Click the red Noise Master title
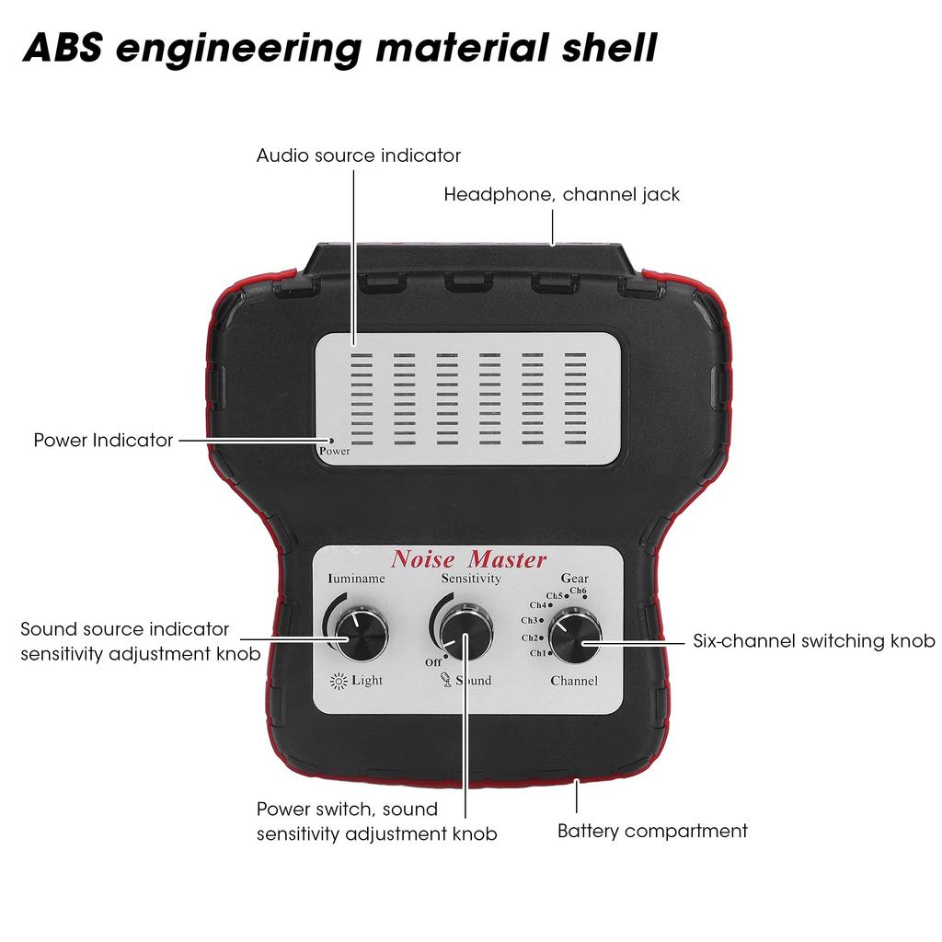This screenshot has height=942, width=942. [x=469, y=558]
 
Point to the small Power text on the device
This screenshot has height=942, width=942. [x=334, y=452]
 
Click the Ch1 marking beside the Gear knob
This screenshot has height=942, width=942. [x=539, y=653]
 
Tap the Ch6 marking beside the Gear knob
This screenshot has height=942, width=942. [x=578, y=591]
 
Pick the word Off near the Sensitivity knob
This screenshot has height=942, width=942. [x=433, y=661]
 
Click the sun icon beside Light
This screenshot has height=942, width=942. [x=339, y=681]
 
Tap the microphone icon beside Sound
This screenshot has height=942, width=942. [x=444, y=681]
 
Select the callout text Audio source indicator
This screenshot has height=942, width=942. [x=358, y=155]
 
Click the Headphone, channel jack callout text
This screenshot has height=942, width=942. [x=562, y=195]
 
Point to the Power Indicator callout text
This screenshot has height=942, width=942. [x=103, y=441]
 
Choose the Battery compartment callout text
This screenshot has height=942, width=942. [x=652, y=832]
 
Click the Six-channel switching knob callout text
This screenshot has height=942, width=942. [x=813, y=641]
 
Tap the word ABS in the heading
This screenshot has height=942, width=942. [x=63, y=48]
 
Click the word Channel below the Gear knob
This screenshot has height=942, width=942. [x=574, y=682]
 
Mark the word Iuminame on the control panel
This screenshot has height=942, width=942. [x=357, y=580]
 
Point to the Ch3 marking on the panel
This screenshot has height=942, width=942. [x=534, y=620]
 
